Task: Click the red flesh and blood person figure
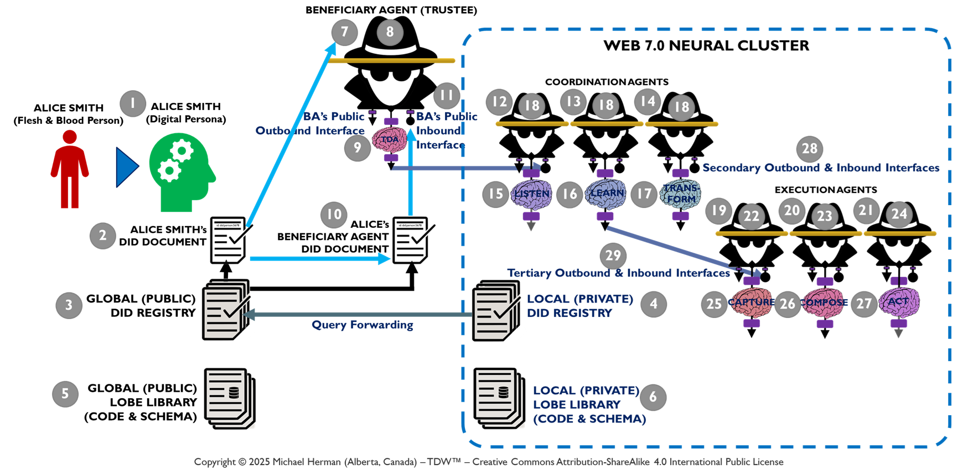(70, 169)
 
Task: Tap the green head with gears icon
(180, 172)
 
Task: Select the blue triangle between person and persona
(127, 167)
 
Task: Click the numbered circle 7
(344, 32)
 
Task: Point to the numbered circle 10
(334, 215)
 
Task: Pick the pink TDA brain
(390, 139)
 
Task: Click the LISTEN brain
(531, 194)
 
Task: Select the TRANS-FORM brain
(680, 194)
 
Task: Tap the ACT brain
(899, 302)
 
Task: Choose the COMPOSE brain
(825, 302)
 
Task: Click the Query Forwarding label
(362, 325)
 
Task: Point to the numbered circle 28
(809, 148)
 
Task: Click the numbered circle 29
(613, 255)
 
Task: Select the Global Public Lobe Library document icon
(229, 398)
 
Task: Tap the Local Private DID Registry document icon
(496, 311)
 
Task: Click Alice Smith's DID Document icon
(229, 240)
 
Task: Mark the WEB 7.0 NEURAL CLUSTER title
(706, 45)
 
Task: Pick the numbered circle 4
(654, 304)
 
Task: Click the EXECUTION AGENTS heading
(825, 190)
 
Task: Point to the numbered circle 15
(495, 194)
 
